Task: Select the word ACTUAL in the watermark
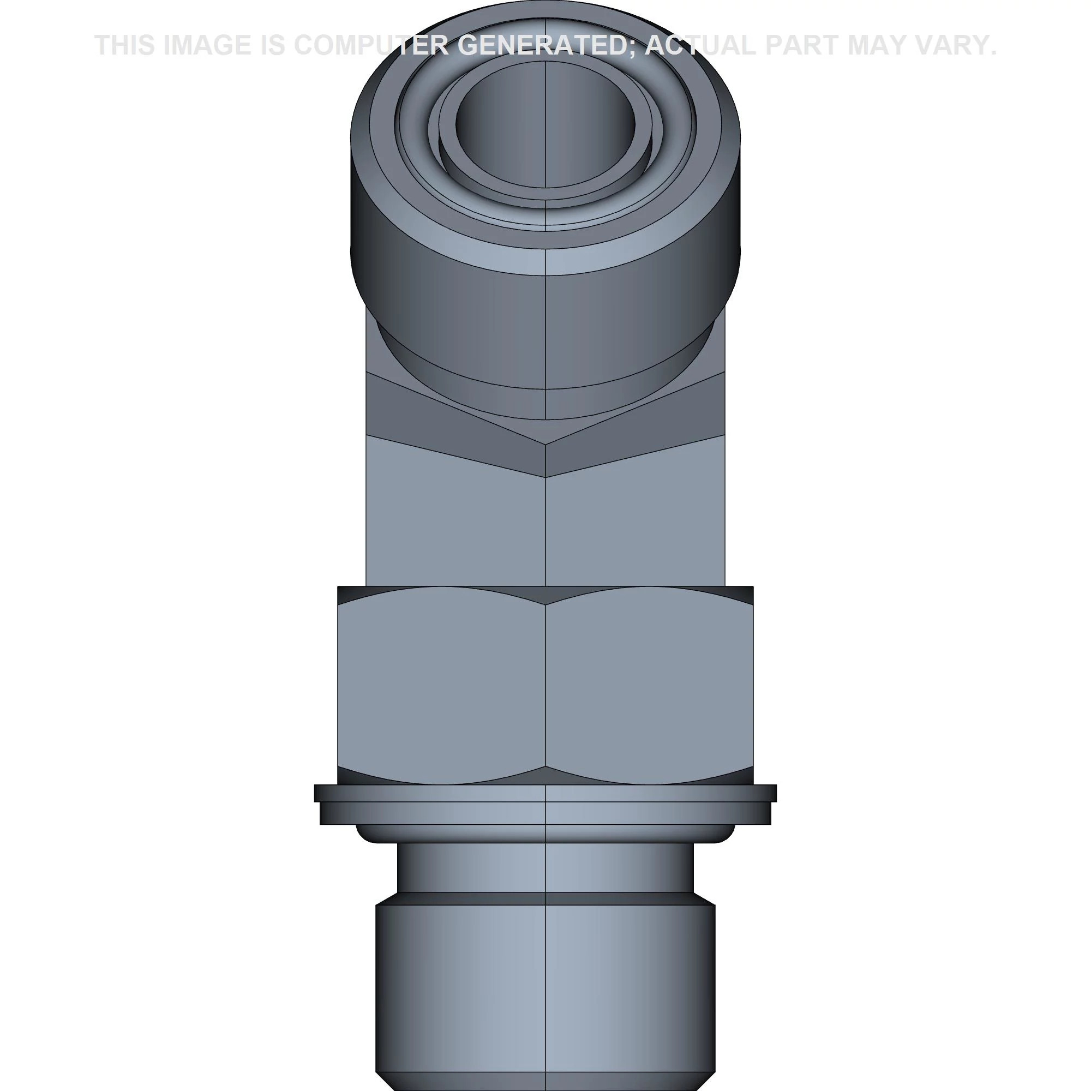tap(699, 46)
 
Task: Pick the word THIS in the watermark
tap(125, 46)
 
